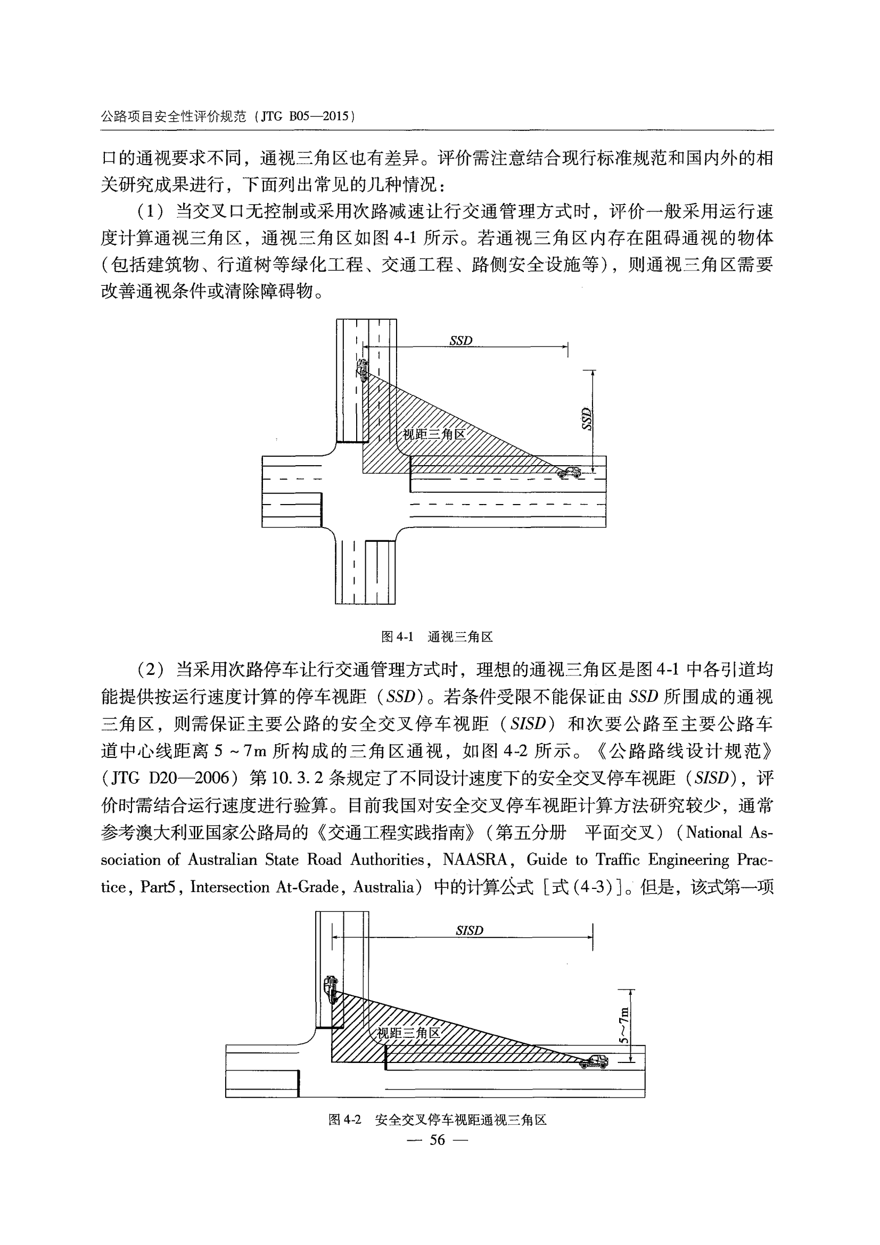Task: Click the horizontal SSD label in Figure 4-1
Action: [x=461, y=341]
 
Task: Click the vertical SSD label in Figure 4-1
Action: [x=586, y=419]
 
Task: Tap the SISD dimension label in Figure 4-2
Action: [x=469, y=931]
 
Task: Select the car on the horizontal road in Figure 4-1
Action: [x=569, y=472]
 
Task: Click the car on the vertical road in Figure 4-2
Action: [x=331, y=988]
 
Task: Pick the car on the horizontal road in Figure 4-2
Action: [x=594, y=1061]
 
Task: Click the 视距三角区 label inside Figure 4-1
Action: [x=434, y=434]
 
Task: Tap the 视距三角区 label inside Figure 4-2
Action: [x=408, y=1033]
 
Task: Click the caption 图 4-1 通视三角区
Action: [x=437, y=637]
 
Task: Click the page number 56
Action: [x=437, y=1140]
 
